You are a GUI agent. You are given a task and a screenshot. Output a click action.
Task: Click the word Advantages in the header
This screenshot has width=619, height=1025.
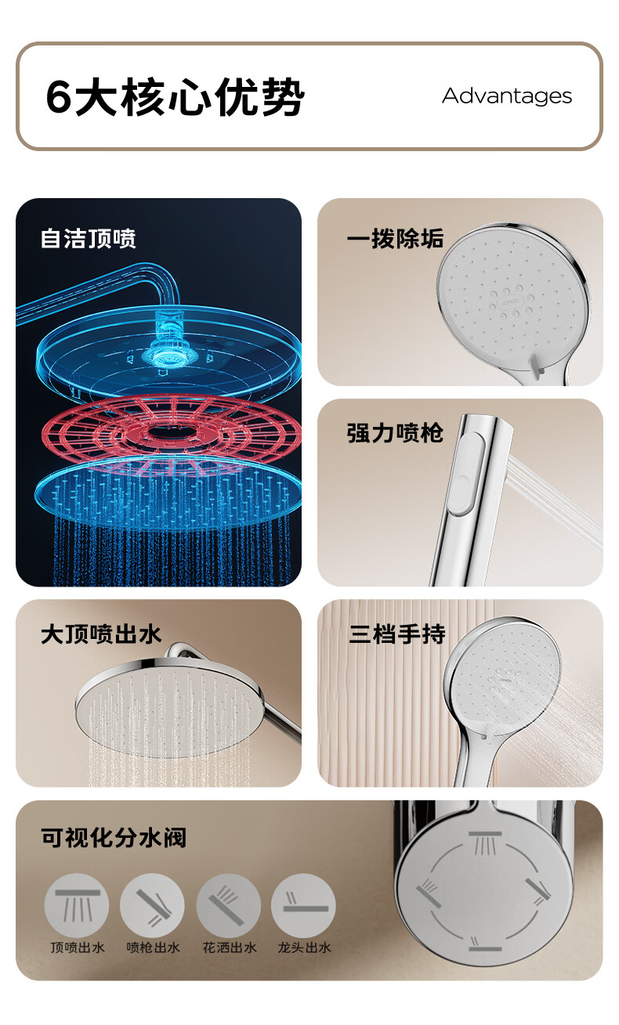(x=507, y=96)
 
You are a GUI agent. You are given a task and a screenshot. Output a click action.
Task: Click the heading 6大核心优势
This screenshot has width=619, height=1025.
(x=176, y=96)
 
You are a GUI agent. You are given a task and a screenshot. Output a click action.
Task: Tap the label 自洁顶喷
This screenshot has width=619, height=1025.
(x=89, y=238)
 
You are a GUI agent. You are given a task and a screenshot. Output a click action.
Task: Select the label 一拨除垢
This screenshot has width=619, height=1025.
(x=395, y=238)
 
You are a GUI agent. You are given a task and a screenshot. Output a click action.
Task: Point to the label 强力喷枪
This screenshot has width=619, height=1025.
(x=395, y=433)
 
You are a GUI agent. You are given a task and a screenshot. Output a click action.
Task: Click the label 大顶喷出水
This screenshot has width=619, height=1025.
(x=101, y=635)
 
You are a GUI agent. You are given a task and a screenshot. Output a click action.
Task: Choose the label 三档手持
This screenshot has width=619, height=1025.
(x=397, y=635)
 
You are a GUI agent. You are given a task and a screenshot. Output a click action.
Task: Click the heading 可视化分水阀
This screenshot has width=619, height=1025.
(x=114, y=838)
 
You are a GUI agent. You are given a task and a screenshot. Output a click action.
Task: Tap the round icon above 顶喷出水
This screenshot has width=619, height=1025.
(x=77, y=905)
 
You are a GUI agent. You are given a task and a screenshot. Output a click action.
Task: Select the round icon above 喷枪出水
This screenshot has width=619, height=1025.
(x=152, y=905)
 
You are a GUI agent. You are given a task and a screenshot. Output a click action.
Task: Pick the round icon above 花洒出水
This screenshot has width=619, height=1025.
(x=229, y=905)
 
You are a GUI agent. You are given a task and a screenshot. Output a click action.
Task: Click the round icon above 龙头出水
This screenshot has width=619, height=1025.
(x=303, y=905)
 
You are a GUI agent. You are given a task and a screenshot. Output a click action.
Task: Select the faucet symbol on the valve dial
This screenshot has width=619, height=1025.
(x=484, y=944)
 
